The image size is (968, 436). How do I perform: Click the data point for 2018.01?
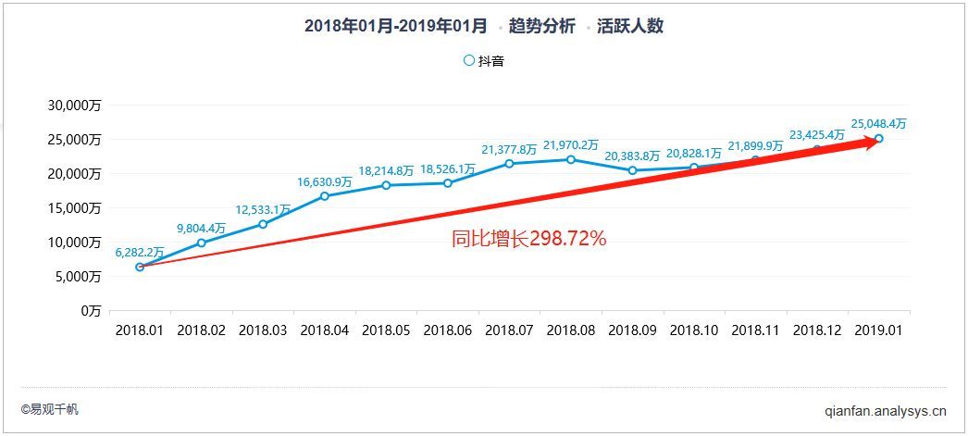140,267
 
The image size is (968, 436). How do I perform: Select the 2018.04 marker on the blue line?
325,196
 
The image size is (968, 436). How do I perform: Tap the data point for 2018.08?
571,159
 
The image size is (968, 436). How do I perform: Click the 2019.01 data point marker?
878,139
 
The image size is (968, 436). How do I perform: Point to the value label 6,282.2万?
140,251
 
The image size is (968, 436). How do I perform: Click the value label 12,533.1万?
262,209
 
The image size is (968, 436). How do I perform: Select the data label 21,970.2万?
571,144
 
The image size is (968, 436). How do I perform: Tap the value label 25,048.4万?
878,123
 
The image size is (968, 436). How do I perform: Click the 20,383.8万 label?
632,156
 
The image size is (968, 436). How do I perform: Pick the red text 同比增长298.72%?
528,239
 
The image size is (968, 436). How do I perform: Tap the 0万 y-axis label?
89,311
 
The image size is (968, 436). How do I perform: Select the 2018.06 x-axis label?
448,329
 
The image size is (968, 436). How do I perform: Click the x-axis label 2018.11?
755,329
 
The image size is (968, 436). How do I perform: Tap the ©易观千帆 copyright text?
50,409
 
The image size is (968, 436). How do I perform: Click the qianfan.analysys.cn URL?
885,410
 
